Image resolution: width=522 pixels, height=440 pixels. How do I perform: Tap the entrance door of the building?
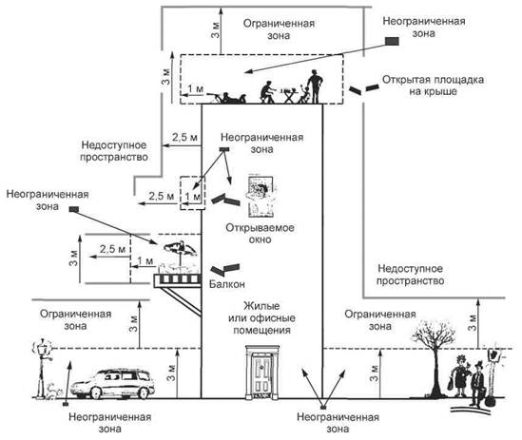262,373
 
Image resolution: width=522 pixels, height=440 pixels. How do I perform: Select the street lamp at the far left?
42,368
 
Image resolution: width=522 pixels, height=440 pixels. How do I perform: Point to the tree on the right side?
434,357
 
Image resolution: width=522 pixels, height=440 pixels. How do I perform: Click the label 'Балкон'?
227,284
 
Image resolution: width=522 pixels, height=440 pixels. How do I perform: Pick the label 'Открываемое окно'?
260,234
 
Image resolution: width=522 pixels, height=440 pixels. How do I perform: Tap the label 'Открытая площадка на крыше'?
433,86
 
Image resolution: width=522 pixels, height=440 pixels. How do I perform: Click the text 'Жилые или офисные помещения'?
261,317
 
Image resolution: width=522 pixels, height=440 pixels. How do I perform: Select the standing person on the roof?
315,86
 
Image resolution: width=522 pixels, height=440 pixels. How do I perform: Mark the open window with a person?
261,197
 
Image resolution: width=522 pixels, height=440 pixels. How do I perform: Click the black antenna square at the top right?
392,41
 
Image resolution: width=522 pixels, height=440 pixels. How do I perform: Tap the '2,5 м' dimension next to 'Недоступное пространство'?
184,137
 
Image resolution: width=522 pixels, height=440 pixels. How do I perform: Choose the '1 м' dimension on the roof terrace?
196,89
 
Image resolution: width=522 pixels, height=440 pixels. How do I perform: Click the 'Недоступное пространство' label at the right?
410,275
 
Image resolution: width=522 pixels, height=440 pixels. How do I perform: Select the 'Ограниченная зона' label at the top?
279,29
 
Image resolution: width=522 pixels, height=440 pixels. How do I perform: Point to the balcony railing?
177,278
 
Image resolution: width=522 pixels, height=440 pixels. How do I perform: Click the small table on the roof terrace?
289,94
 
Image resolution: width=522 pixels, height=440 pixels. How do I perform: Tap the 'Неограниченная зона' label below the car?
110,422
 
